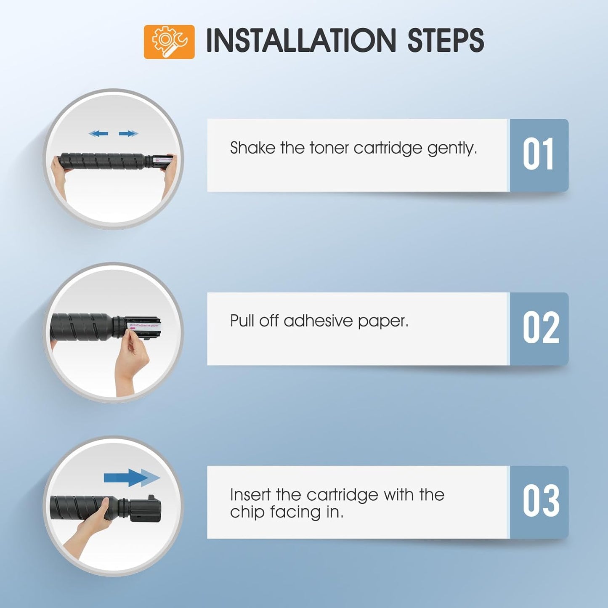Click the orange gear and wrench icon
point(169,42)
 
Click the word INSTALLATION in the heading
point(301,40)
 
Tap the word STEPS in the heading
point(446,40)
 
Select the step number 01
point(538,154)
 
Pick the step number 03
point(541,502)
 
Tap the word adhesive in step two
point(318,321)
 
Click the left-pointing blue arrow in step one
point(98,133)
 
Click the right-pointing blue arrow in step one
point(128,133)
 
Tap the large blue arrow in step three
point(132,478)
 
